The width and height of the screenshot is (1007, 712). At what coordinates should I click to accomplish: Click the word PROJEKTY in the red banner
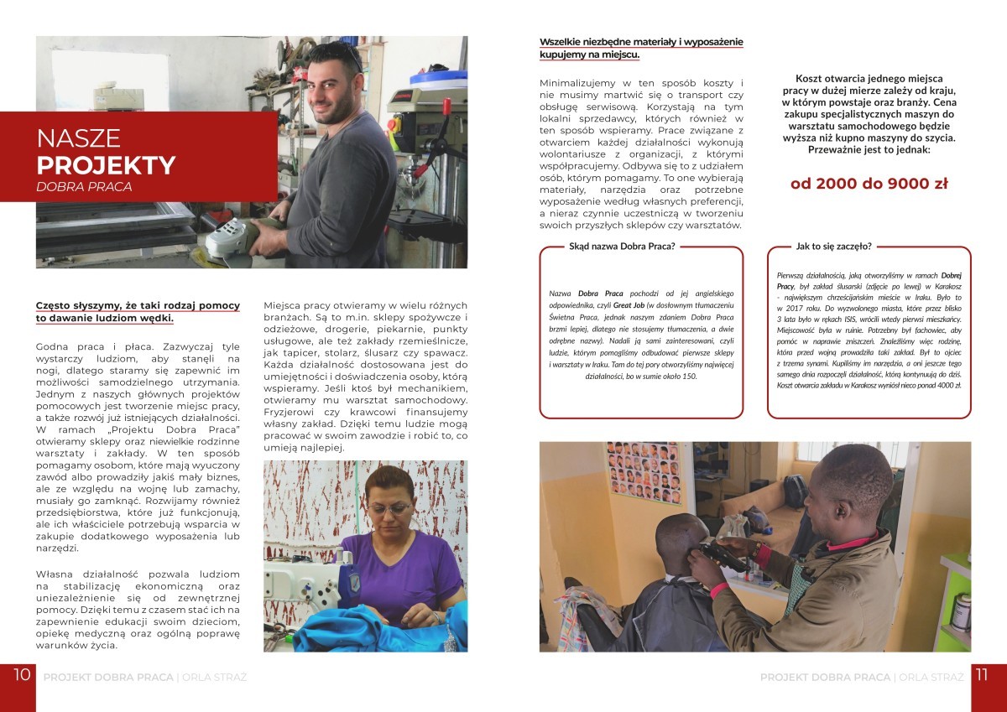coord(106,164)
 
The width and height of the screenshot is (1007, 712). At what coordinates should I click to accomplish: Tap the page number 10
coord(23,675)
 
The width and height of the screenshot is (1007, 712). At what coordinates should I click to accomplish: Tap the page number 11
coord(983,675)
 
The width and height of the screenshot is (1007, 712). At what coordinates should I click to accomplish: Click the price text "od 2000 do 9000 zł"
coord(869,184)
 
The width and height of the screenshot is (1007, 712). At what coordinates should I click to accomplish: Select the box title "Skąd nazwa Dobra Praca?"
coord(622,247)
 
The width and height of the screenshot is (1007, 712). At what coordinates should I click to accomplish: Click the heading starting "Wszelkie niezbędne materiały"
coord(641,42)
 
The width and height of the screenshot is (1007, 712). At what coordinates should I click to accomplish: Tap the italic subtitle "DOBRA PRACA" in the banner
coord(84,187)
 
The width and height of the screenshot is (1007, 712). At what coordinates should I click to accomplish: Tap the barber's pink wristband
coord(721,590)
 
